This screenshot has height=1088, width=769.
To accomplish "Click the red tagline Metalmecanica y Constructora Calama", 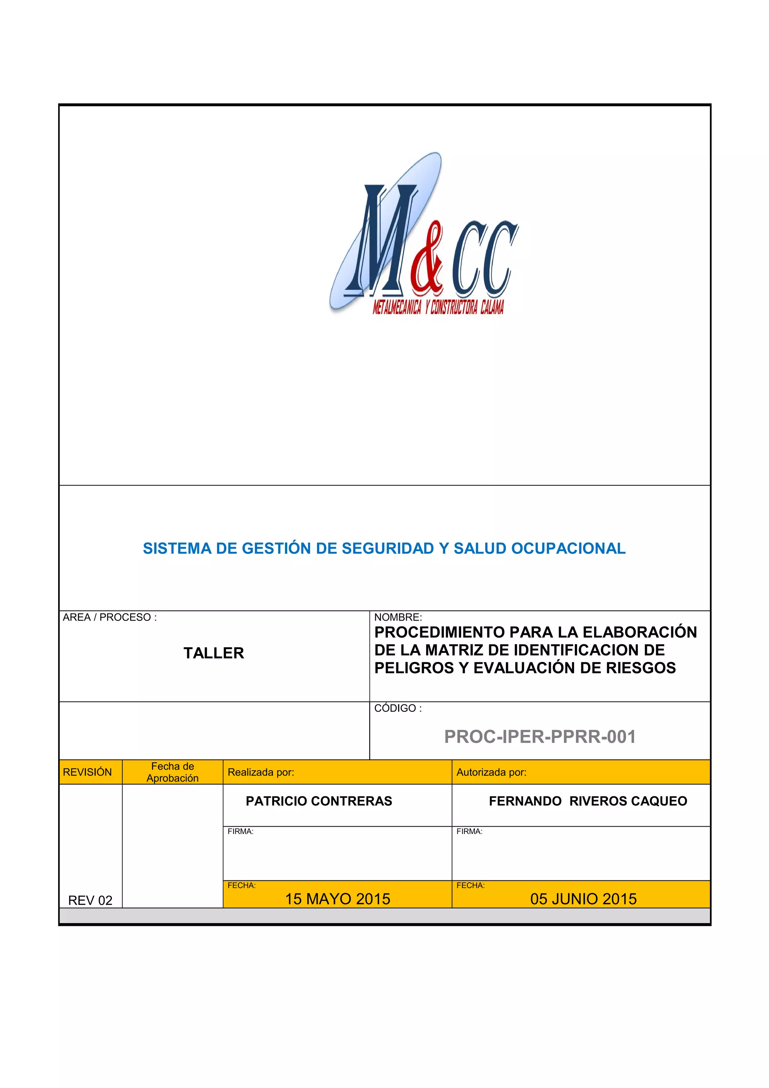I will pos(438,308).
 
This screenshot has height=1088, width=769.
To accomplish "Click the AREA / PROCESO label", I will pos(109,618).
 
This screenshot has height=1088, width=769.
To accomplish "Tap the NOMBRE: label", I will pos(398,618).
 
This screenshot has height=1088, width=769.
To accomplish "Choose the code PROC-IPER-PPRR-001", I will pos(540,737).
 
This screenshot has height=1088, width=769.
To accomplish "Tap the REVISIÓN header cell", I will pos(87,772).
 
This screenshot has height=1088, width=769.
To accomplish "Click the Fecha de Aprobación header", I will pos(172,772).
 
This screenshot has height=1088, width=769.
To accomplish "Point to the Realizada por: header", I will pos(261,772).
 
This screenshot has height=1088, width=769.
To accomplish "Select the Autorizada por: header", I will pos(492,772).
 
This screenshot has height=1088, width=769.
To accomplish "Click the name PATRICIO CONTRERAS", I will pos(319,801).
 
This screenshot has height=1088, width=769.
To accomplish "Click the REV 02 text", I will pos(90,900).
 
